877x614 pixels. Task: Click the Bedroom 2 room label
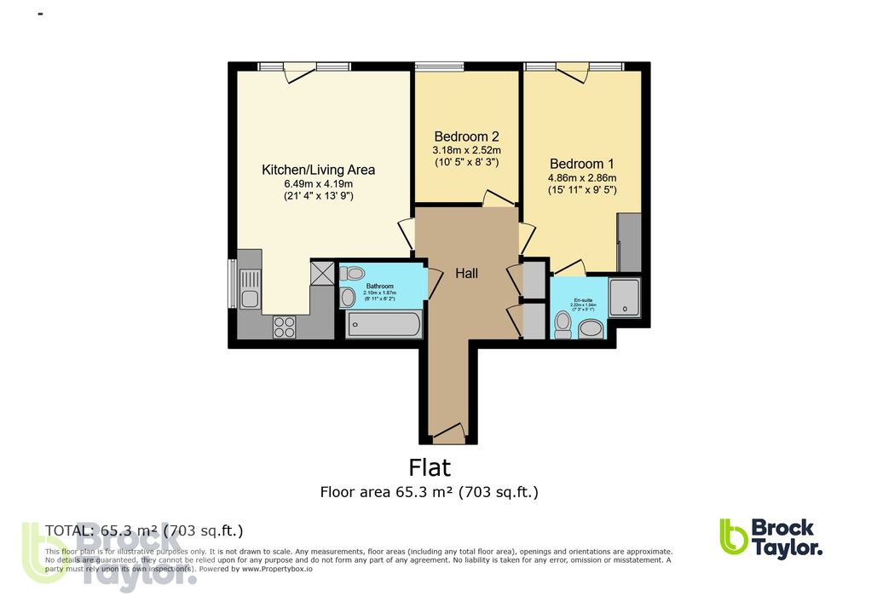tap(465, 136)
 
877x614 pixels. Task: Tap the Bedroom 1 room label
tap(581, 164)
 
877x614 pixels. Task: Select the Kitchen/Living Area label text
tap(318, 170)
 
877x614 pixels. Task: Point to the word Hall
tap(466, 274)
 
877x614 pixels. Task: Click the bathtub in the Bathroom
tap(384, 325)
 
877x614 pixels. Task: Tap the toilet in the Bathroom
tap(351, 274)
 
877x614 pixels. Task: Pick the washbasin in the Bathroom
tap(347, 298)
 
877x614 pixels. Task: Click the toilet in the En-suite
tap(563, 323)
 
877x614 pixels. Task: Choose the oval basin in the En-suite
tap(591, 328)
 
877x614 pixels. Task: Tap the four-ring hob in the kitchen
tap(284, 327)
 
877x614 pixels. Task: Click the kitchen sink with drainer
tap(249, 287)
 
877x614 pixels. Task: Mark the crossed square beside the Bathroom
tap(323, 273)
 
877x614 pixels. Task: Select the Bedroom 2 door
tap(493, 199)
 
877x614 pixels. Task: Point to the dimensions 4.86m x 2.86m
tap(581, 178)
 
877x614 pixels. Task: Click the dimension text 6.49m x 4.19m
tap(318, 184)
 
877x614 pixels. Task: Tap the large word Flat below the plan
tap(430, 467)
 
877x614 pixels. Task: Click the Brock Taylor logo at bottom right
tap(770, 538)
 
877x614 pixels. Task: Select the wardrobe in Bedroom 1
tap(629, 242)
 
